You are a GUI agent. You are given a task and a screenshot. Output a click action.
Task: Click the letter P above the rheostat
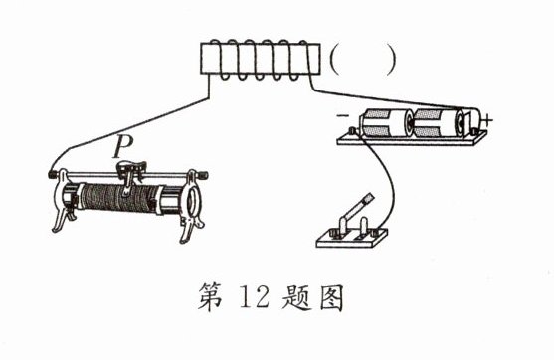[x=123, y=147]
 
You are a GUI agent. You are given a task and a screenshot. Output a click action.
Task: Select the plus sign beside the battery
[x=487, y=120]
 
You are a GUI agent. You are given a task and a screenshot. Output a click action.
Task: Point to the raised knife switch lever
[x=356, y=209]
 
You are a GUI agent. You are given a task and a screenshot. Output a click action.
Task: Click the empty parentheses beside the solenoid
[x=362, y=60]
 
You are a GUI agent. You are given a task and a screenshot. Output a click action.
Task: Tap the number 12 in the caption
[x=255, y=296]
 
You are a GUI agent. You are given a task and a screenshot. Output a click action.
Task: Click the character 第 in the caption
[x=211, y=296]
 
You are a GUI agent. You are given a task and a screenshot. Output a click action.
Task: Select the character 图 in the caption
[x=332, y=297]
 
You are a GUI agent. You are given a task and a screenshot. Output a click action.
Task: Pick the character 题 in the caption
[x=296, y=297]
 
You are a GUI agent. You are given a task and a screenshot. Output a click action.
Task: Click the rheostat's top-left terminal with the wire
[x=53, y=174]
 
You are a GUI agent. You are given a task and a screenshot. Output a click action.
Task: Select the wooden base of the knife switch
[x=352, y=240]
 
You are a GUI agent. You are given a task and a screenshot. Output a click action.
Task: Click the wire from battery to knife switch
[x=391, y=178]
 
